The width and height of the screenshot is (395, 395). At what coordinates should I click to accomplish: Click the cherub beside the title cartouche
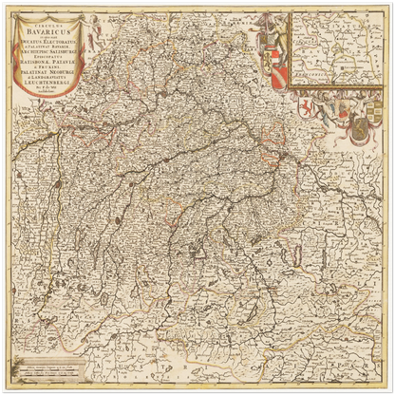96,28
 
